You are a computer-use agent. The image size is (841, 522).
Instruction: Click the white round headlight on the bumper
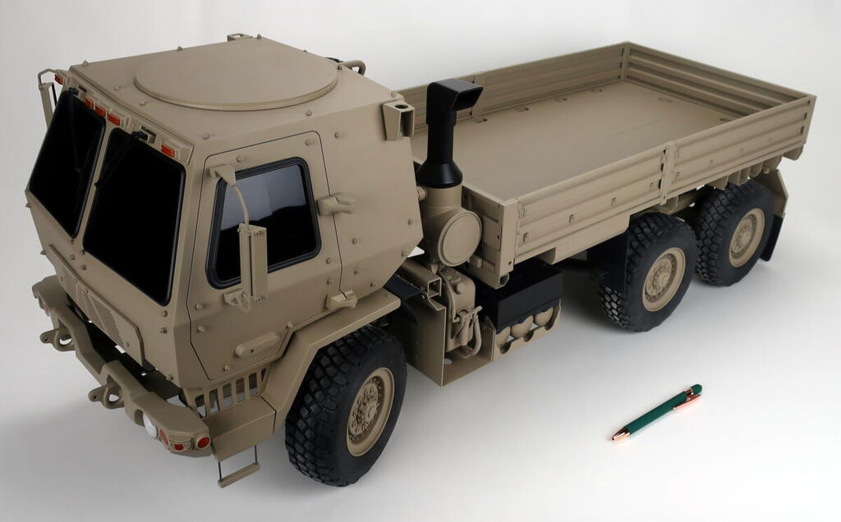(149, 424)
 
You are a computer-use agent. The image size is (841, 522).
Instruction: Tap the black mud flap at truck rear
(773, 238)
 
